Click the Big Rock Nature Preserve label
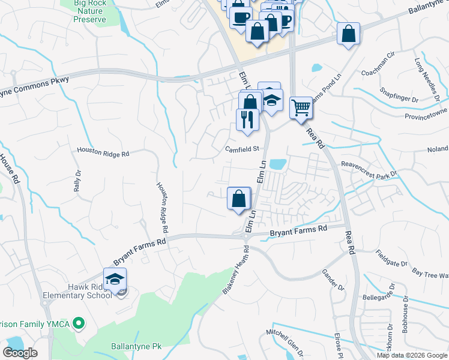pos(89,11)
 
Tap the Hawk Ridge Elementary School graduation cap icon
pos(115,280)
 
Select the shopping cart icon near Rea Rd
pos(301,109)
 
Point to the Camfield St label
pos(242,149)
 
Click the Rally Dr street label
pos(77,181)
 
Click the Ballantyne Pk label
pos(137,346)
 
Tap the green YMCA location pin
pos(78,324)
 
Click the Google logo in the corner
pos(20,353)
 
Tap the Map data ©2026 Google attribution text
pos(412,355)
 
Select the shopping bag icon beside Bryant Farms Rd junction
pos(239,199)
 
